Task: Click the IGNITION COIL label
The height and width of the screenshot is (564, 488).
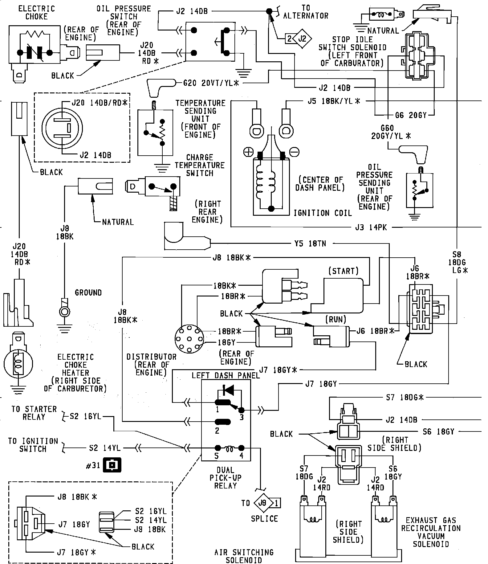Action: (x=323, y=213)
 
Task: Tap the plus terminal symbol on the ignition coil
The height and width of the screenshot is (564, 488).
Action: (x=249, y=152)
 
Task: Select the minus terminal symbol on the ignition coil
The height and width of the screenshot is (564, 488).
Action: (x=295, y=152)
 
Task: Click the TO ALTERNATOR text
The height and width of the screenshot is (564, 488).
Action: (x=306, y=12)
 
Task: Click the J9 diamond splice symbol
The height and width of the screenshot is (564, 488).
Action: (x=262, y=503)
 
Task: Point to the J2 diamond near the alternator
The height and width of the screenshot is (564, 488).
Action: (x=302, y=39)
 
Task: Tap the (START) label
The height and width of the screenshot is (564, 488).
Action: (x=343, y=271)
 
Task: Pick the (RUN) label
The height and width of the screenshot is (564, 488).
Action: (x=336, y=319)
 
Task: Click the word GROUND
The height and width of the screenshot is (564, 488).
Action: (x=88, y=292)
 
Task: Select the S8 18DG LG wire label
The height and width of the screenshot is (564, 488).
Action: (x=457, y=263)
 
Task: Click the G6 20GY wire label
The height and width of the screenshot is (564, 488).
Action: (x=411, y=115)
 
